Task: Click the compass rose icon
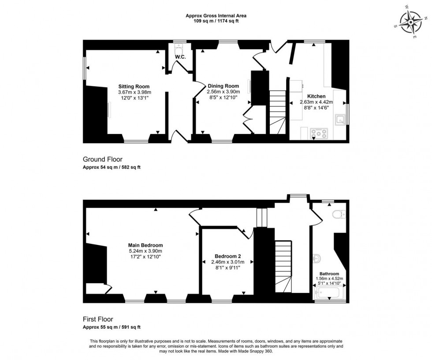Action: (413, 22)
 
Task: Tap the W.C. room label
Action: (179, 57)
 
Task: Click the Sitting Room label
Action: (134, 86)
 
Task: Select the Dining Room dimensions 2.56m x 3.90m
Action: (223, 92)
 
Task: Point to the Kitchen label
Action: (316, 96)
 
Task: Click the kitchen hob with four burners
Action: (319, 133)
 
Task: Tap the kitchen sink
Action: (340, 119)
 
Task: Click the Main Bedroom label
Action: (145, 245)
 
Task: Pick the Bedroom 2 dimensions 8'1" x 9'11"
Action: (227, 267)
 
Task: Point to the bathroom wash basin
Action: (317, 257)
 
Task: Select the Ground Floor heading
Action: (103, 160)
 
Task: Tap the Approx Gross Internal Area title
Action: (216, 16)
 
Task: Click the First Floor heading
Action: (98, 319)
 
